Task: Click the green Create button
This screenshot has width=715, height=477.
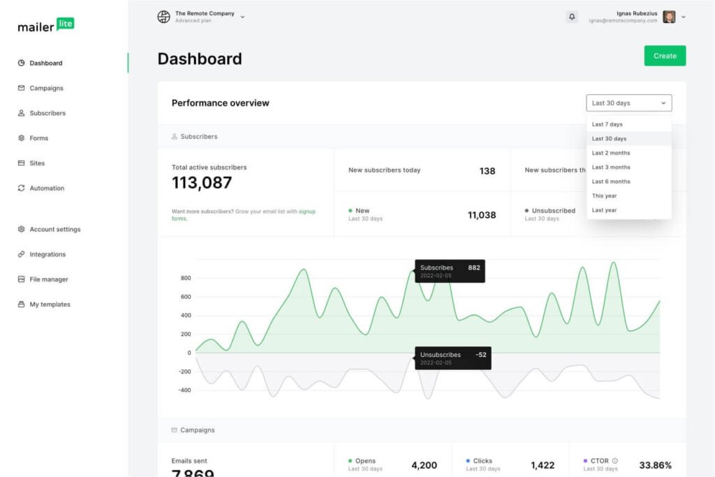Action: [x=665, y=56]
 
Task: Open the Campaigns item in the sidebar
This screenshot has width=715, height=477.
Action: [x=46, y=88]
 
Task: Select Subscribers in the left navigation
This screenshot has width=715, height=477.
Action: [x=47, y=113]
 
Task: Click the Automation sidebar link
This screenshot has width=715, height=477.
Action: [x=47, y=189]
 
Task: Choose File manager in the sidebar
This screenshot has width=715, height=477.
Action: [x=48, y=279]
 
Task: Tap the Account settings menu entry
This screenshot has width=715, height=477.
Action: [x=54, y=229]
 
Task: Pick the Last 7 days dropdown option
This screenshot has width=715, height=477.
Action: [x=607, y=124]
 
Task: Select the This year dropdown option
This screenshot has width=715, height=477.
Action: [x=604, y=196]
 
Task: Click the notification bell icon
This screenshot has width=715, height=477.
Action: [x=572, y=17]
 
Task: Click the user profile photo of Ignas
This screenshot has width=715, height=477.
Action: [x=669, y=17]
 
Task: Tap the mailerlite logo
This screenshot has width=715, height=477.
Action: [x=45, y=25]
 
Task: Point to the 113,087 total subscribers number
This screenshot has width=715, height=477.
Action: [x=202, y=183]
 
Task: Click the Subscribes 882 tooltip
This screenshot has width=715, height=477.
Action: [x=450, y=271]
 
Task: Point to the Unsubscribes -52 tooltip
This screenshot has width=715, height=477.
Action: [x=450, y=358]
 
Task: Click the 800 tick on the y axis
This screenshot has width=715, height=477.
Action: [x=185, y=278]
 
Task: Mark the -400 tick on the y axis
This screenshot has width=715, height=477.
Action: [x=184, y=390]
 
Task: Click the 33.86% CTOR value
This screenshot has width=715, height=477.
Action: [x=655, y=465]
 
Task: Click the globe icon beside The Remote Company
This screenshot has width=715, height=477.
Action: [x=164, y=17]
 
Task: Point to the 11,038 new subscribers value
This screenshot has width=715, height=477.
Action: [x=482, y=215]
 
